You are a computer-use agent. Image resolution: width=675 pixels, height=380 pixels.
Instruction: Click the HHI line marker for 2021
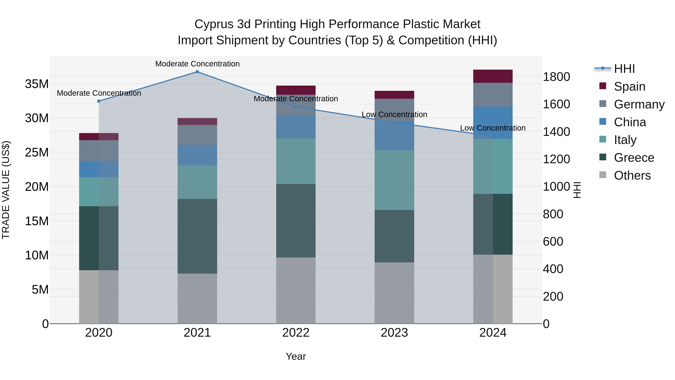[197, 72]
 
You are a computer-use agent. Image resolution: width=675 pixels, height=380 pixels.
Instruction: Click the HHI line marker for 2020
[99, 101]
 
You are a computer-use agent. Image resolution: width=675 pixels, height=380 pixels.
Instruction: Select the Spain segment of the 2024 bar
[493, 76]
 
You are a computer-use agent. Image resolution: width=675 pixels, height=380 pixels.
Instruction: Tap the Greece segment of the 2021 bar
[197, 236]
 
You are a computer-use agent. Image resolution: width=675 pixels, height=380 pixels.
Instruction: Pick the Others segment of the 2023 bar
[394, 293]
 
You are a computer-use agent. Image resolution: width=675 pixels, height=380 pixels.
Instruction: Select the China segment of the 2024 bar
[493, 123]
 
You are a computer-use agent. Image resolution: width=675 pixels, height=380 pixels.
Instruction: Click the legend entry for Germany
[639, 104]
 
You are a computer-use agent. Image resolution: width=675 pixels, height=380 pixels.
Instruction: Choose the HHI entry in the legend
[624, 69]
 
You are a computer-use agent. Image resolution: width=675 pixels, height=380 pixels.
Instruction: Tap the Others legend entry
[632, 175]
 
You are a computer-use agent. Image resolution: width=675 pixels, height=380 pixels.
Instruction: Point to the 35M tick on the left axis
[37, 84]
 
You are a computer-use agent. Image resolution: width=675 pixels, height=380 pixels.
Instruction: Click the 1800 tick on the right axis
[556, 77]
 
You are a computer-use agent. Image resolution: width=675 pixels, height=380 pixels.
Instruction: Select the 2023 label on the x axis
[394, 333]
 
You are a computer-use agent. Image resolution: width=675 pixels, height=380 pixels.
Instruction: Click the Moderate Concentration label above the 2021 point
[197, 64]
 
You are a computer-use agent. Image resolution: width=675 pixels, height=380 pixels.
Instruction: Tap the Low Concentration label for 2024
[493, 128]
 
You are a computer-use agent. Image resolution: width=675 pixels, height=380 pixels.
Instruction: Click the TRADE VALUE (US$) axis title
[6, 190]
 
